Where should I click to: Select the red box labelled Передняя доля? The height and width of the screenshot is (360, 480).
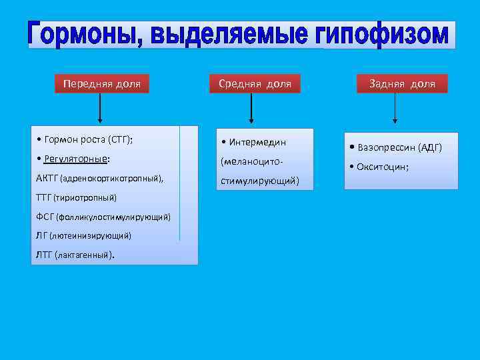101,84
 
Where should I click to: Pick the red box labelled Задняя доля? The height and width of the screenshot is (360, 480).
402,84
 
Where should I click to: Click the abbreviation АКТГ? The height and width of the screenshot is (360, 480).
48,179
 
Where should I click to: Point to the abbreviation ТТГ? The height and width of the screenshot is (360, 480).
46,197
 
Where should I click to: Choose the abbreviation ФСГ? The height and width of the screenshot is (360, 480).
46,217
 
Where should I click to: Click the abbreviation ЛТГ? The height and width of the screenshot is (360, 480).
45,255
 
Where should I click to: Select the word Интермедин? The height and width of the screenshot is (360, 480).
257,142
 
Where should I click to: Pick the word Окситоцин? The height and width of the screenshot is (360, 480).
382,167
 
